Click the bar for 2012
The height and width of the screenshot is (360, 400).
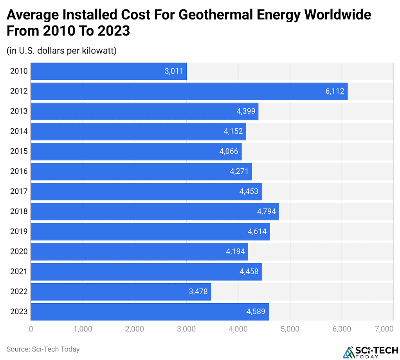point(189,91)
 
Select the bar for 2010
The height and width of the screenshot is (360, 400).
point(108,71)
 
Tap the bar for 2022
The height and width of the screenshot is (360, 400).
point(121,292)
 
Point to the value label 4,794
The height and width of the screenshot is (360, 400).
point(266,211)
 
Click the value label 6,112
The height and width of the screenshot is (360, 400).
point(335,91)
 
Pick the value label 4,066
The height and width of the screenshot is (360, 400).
point(229,151)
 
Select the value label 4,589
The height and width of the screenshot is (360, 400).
point(256,311)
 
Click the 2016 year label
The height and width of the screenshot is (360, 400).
point(19,171)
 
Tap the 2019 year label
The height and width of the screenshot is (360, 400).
point(19,231)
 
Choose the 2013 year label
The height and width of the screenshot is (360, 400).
point(19,111)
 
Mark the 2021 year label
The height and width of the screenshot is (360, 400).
point(19,272)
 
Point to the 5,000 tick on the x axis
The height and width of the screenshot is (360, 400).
point(290,329)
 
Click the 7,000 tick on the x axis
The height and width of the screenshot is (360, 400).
point(384,329)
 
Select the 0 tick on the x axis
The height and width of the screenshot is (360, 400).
point(31,329)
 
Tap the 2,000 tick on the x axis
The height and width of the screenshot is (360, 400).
point(135,329)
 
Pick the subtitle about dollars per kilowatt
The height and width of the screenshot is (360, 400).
point(61,51)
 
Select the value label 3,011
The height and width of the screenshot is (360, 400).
point(174,71)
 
